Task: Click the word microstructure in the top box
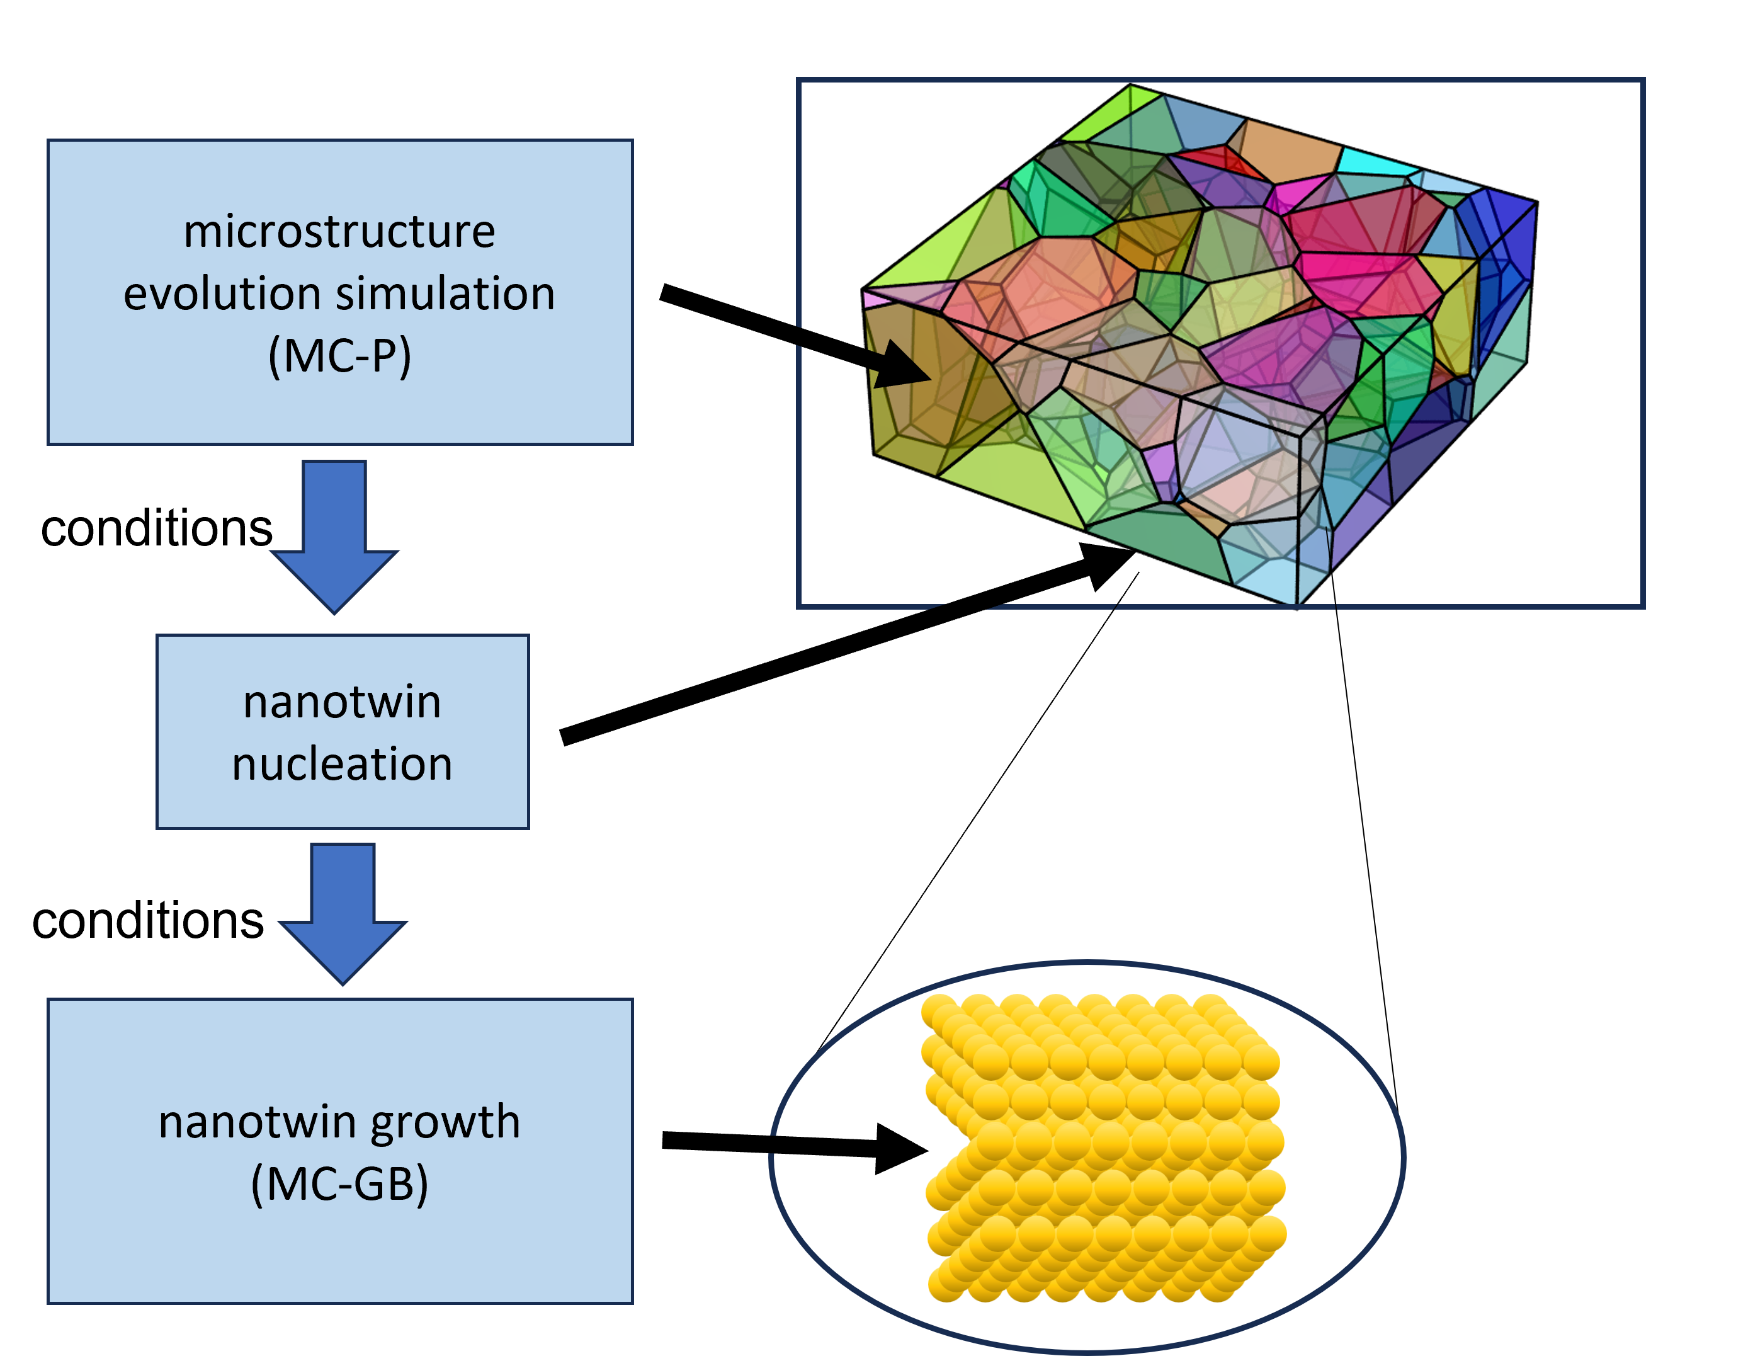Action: click(339, 232)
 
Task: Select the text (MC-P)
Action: click(339, 356)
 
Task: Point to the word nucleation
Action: click(342, 763)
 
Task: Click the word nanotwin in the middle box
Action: click(342, 702)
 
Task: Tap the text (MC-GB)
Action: click(339, 1183)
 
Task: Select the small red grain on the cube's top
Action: click(1220, 159)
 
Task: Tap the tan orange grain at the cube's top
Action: click(1289, 148)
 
